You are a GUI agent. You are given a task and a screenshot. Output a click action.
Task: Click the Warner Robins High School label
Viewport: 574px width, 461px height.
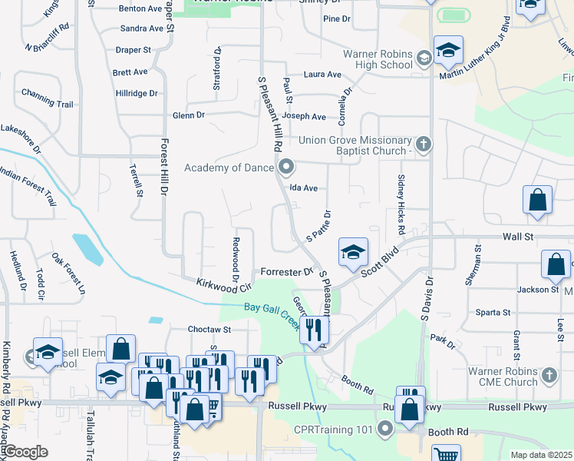coord(378,59)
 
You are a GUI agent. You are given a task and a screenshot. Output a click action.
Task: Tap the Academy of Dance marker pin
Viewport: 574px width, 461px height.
coord(287,166)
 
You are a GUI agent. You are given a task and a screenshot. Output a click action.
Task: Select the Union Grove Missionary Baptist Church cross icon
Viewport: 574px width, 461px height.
coord(423,144)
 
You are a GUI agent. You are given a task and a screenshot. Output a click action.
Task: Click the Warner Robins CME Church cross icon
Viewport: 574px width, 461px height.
coord(548,376)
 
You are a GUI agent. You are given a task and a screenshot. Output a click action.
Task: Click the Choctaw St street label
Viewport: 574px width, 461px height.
coord(209,329)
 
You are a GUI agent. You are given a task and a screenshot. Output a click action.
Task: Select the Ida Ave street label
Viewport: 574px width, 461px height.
coord(303,187)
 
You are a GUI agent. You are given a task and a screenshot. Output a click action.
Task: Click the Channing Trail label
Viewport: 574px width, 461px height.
coord(47,103)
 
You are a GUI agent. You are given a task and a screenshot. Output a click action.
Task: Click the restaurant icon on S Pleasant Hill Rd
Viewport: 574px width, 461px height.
coord(315,330)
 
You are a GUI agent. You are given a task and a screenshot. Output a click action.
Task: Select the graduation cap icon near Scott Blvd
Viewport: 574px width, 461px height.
coord(353,252)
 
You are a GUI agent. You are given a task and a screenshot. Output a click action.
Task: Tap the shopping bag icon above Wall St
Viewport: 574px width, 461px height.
coord(537,200)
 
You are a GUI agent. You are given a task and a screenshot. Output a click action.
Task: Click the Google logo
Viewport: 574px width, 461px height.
coord(25,452)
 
